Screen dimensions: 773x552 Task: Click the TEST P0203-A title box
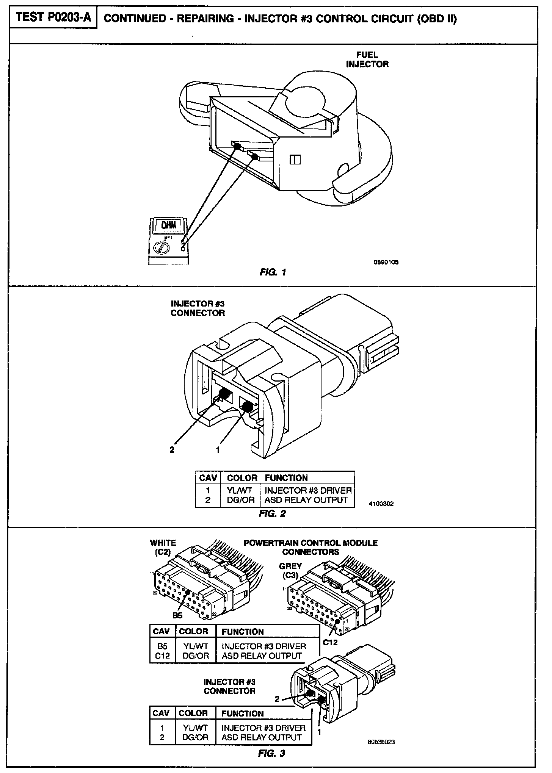click(x=53, y=18)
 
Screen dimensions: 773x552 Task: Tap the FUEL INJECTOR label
click(x=367, y=60)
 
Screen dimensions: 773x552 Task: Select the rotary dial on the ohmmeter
click(x=161, y=248)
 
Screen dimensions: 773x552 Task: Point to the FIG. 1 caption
click(x=273, y=272)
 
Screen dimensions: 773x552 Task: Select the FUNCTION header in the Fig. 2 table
click(x=286, y=478)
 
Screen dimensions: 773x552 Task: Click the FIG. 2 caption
click(x=272, y=513)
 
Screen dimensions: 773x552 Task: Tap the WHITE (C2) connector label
click(x=163, y=548)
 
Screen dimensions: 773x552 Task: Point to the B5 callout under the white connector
click(x=177, y=615)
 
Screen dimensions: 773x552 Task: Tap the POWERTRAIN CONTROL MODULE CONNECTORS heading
click(x=310, y=548)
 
